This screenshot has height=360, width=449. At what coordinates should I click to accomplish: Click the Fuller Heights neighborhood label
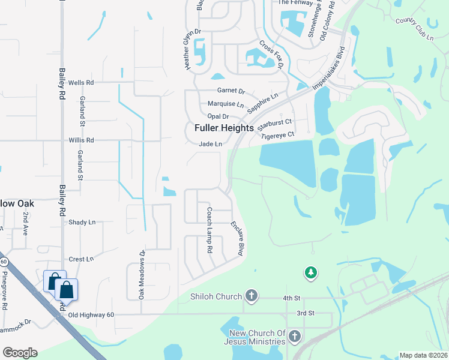tap(224, 128)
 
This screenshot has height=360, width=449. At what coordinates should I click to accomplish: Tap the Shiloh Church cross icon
tap(252, 296)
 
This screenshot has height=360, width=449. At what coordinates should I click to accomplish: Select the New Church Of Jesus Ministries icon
tap(294, 336)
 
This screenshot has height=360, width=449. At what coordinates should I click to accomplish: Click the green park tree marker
tap(310, 273)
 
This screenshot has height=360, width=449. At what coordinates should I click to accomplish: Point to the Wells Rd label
tap(82, 82)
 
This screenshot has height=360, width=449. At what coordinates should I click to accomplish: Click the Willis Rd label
tap(82, 140)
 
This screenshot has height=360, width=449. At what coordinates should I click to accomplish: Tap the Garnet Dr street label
tap(231, 91)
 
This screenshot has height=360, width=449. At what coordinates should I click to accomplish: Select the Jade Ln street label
tap(211, 144)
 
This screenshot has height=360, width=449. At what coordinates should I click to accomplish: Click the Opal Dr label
tap(218, 116)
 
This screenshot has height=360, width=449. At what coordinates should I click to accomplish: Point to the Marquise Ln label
tap(226, 104)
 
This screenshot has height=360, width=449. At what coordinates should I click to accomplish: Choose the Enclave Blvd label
tap(237, 239)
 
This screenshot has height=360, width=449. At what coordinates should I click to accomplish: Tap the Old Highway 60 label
tap(91, 315)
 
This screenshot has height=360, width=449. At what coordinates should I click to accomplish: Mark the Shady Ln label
tap(82, 222)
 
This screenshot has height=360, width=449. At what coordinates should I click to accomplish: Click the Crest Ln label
tap(81, 259)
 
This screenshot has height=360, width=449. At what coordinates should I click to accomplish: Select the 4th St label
tap(291, 298)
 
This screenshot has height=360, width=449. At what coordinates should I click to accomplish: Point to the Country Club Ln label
tap(414, 29)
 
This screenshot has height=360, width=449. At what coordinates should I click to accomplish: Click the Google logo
tap(20, 352)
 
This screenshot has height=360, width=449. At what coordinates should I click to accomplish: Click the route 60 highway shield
tap(4, 262)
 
